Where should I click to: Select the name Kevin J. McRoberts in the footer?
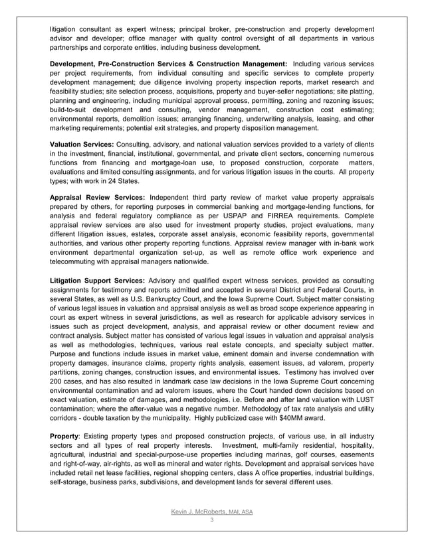coord(195,512)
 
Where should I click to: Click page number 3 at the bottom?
coord(211,521)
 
